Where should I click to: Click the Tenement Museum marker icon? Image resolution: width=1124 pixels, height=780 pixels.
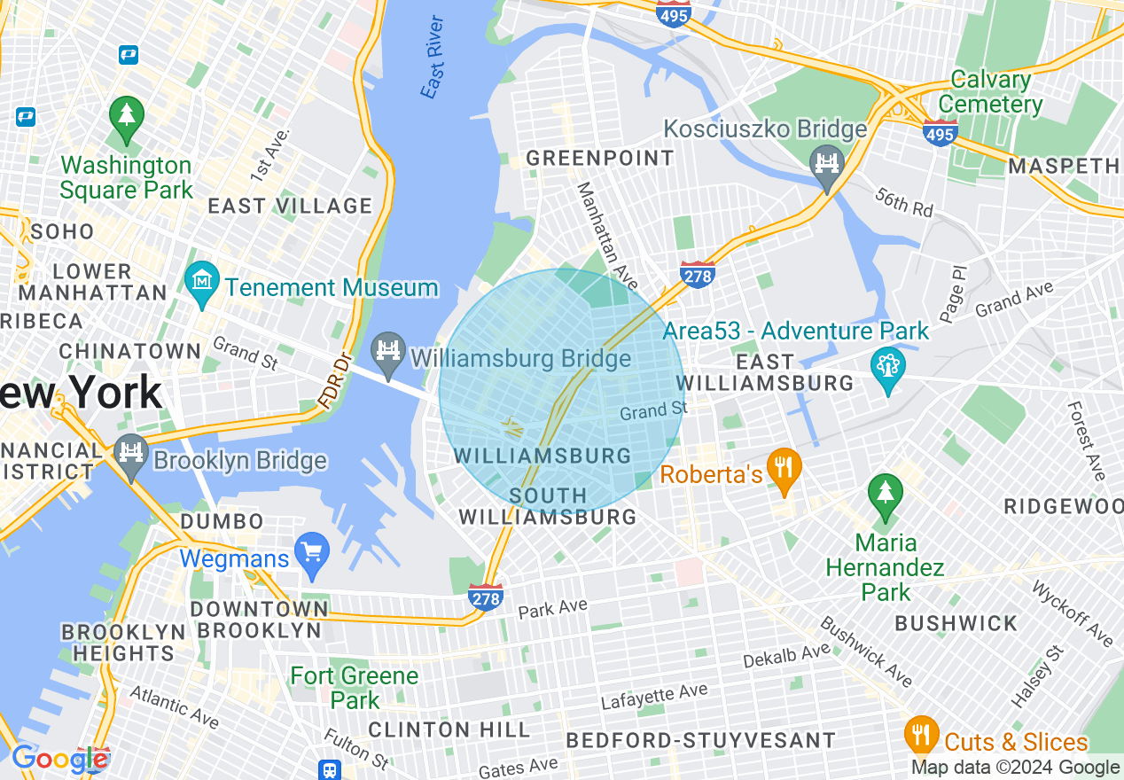pyautogui.click(x=202, y=283)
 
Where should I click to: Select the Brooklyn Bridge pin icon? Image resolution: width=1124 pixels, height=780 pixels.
pyautogui.click(x=131, y=455)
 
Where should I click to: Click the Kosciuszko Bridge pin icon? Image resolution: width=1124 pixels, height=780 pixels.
pyautogui.click(x=826, y=165)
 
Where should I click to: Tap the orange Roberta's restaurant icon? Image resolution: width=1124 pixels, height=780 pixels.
pyautogui.click(x=784, y=468)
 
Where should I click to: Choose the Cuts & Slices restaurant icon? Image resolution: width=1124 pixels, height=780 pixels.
pyautogui.click(x=922, y=735)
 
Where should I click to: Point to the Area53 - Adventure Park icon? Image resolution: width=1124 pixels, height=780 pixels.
pyautogui.click(x=886, y=366)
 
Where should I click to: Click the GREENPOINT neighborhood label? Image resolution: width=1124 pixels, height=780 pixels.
pyautogui.click(x=600, y=159)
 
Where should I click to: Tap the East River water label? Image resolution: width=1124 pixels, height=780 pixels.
pyautogui.click(x=433, y=58)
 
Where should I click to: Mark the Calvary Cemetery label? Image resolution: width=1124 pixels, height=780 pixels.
pyautogui.click(x=991, y=92)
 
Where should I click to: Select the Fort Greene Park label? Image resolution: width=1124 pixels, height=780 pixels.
pyautogui.click(x=355, y=688)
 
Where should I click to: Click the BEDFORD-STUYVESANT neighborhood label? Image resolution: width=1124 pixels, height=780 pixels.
pyautogui.click(x=700, y=740)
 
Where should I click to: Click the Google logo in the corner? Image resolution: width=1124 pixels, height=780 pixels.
pyautogui.click(x=59, y=759)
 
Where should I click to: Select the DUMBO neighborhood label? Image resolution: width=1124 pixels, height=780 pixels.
pyautogui.click(x=222, y=521)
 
